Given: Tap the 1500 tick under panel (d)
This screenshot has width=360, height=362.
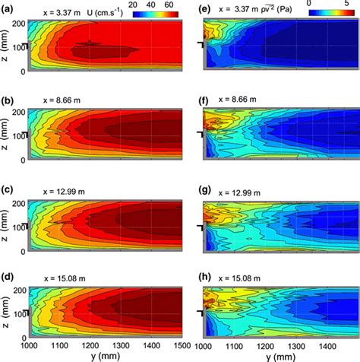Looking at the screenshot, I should tap(180, 345).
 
